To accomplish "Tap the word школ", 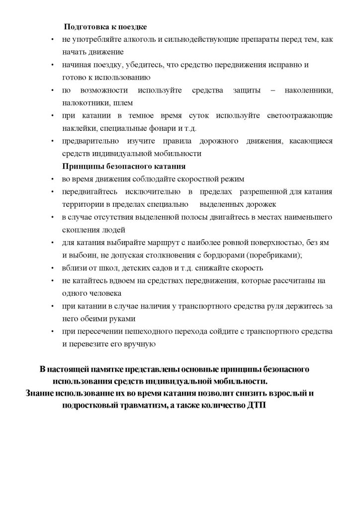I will coord(102,268).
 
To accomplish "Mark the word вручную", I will coord(139,344).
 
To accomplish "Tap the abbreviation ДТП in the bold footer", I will coord(256,406).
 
